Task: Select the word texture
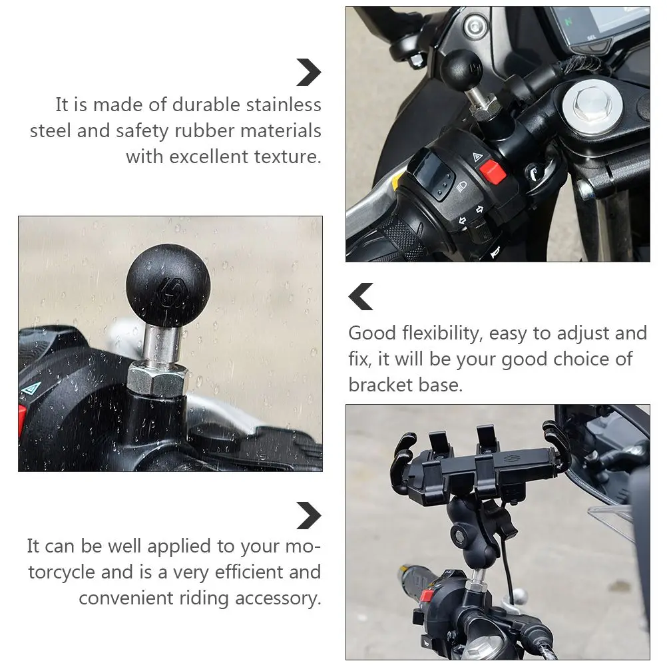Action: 287,156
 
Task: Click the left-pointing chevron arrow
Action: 360,296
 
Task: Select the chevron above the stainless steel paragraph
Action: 310,73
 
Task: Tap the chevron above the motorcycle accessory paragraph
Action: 310,516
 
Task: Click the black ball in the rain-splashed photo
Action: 168,286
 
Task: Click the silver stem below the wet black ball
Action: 161,343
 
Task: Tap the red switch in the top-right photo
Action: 493,172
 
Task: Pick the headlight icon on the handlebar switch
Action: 461,186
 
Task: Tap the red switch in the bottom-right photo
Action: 427,596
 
